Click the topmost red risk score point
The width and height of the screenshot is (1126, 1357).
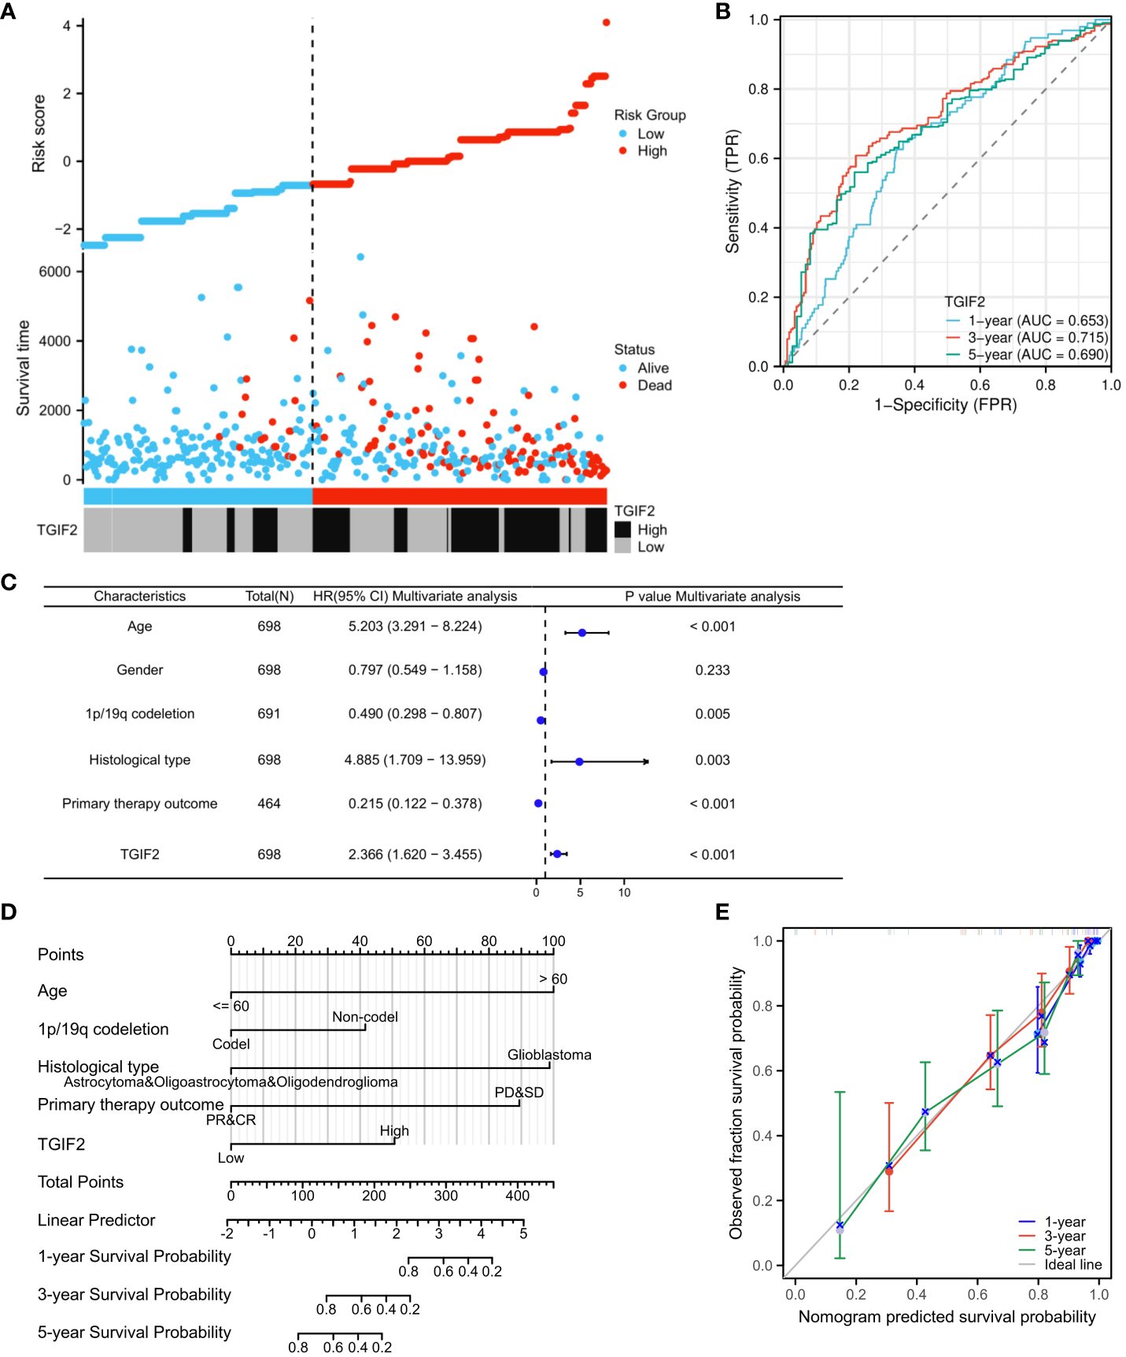pos(606,22)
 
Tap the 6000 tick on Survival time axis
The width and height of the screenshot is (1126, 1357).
pos(54,272)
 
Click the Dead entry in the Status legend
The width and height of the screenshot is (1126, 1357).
pos(654,385)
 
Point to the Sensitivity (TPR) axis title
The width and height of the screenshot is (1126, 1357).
pos(733,191)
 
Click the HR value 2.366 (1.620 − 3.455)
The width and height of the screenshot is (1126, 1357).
pos(415,854)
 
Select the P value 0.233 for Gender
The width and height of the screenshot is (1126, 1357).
pos(712,670)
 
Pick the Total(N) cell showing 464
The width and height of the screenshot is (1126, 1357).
pos(269,804)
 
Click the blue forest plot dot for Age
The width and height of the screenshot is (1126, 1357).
pos(582,633)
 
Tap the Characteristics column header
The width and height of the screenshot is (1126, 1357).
pos(139,596)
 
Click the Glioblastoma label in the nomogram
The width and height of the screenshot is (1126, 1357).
pos(549,1055)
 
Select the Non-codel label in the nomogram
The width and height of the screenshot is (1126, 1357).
pos(364,1017)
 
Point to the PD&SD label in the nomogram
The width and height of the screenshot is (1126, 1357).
pos(519,1093)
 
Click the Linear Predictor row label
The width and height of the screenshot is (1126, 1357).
pos(96,1220)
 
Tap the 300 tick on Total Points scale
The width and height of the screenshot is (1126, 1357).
pos(445,1196)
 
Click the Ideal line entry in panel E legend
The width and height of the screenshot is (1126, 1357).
pos(1072,1265)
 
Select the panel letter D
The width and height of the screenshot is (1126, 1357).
pos(9,912)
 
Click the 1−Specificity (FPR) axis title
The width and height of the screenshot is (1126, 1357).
pos(946,405)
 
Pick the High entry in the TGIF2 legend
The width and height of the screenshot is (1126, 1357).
pos(652,530)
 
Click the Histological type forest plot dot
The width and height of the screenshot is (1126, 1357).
pos(579,762)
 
